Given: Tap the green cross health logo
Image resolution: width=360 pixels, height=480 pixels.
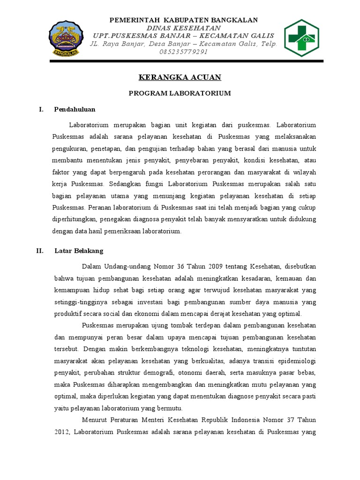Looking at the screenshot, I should pyautogui.click(x=303, y=37).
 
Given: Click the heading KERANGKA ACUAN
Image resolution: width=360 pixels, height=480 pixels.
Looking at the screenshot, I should pyautogui.click(x=180, y=77).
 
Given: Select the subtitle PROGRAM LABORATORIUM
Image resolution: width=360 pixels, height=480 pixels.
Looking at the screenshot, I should pyautogui.click(x=180, y=93).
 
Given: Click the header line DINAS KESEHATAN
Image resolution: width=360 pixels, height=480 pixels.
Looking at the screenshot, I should pyautogui.click(x=184, y=28).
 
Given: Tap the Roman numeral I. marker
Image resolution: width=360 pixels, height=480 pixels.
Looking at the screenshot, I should pyautogui.click(x=41, y=109).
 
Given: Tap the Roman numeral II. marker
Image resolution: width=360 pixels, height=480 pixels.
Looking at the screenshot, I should pyautogui.click(x=40, y=251).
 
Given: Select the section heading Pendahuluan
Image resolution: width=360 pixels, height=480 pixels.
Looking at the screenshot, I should pyautogui.click(x=75, y=109).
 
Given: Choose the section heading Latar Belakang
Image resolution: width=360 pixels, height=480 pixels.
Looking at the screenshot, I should pyautogui.click(x=79, y=251).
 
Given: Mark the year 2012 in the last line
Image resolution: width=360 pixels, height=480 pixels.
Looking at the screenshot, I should pyautogui.click(x=61, y=431).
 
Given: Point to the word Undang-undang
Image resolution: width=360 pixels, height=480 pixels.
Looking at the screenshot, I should pyautogui.click(x=126, y=267).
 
